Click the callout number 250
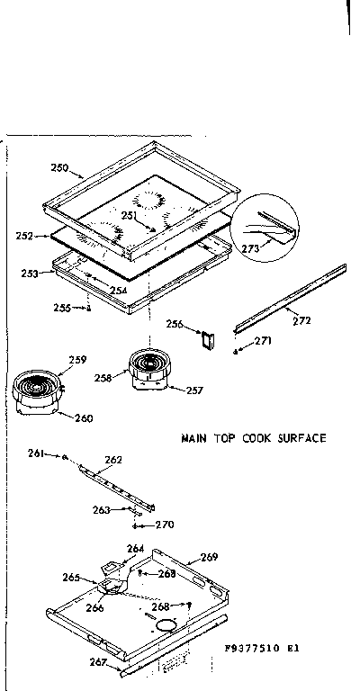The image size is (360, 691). click(59, 168)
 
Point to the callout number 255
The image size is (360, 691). click(61, 308)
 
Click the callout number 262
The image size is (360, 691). click(113, 460)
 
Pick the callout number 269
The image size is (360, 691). click(209, 557)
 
